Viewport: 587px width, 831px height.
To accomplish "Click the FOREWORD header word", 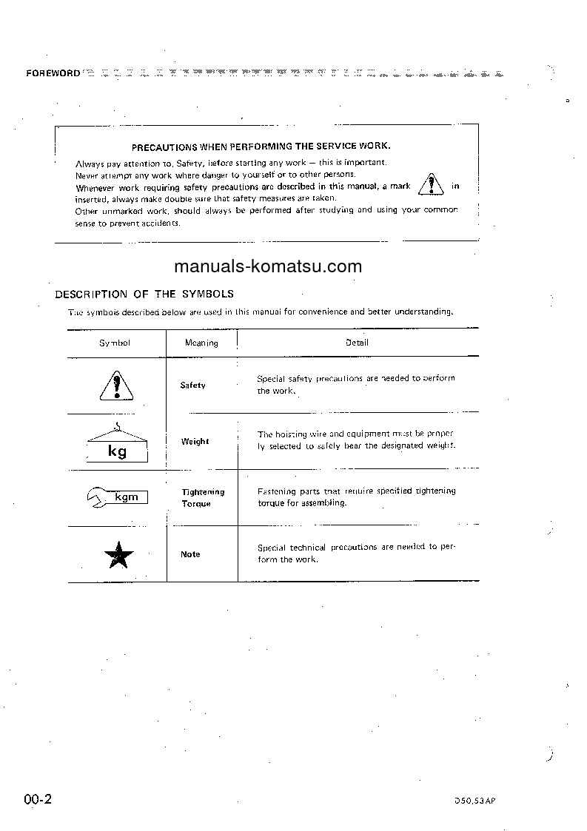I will click(x=53, y=73).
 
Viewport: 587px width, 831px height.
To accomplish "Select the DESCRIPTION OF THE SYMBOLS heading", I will click(x=144, y=294).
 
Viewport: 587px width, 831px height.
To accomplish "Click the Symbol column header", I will click(x=115, y=343).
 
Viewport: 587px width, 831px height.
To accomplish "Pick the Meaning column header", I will click(x=201, y=343).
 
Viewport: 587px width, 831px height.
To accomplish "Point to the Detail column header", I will click(x=357, y=342).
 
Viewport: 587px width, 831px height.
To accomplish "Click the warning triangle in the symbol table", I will click(x=115, y=386).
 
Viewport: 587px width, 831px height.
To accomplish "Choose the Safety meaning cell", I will click(x=193, y=386).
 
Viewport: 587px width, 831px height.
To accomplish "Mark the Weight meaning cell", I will click(x=195, y=442).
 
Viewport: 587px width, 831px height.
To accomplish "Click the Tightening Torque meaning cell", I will click(x=202, y=497).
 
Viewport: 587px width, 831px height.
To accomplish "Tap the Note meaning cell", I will click(x=190, y=554).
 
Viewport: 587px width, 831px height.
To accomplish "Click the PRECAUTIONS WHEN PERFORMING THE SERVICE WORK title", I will click(x=261, y=147).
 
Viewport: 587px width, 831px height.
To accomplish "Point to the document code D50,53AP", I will click(x=475, y=801).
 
